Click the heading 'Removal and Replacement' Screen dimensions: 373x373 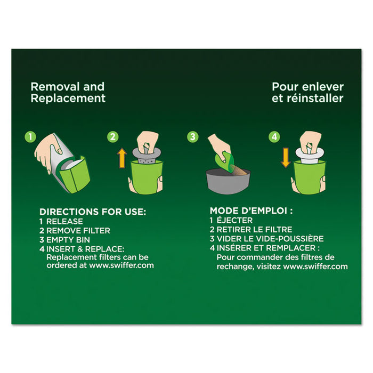point(68,92)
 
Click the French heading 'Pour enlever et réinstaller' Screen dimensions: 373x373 point(307,92)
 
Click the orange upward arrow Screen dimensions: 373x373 point(121,159)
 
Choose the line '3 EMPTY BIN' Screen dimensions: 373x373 point(65,240)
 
